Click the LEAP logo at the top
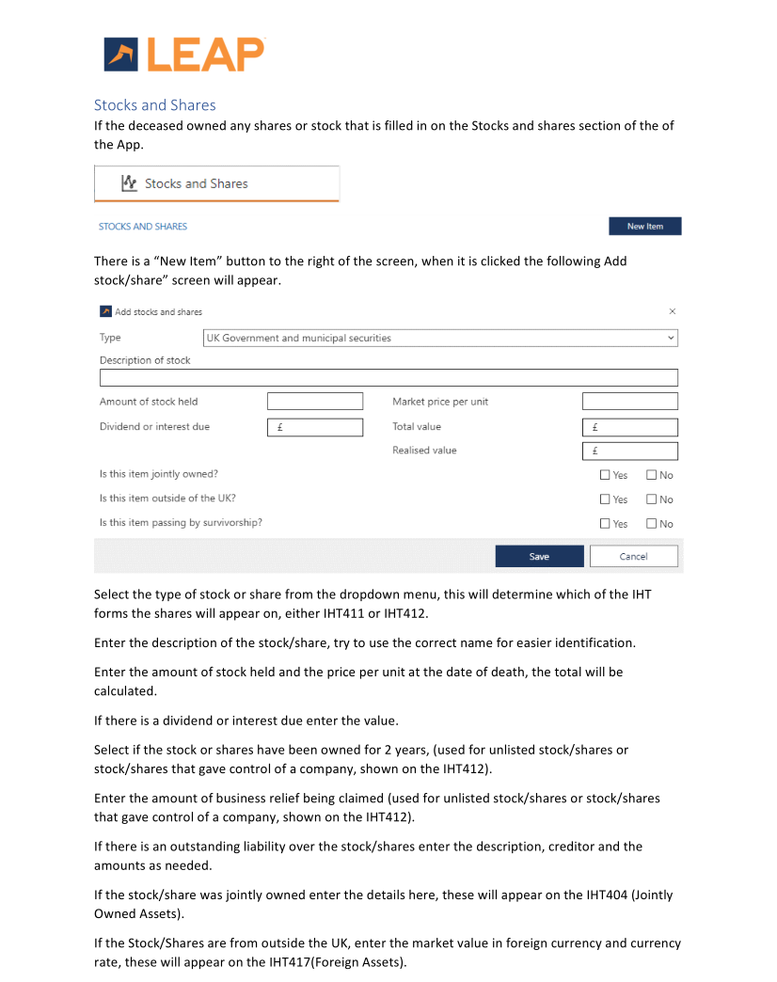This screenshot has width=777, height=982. [184, 55]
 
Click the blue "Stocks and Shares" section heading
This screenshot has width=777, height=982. [154, 105]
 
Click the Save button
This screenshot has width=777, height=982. [539, 557]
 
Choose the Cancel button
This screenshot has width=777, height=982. [633, 557]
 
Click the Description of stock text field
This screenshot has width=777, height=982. [388, 378]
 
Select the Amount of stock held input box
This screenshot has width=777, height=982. [314, 402]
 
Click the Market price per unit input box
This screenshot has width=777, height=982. [629, 402]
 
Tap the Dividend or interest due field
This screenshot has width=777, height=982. [314, 427]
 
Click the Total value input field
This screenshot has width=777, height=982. [629, 427]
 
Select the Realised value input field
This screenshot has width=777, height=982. [629, 451]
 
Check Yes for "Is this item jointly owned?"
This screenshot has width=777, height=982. [605, 476]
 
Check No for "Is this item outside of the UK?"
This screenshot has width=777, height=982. [651, 500]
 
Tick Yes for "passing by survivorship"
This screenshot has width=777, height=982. [605, 524]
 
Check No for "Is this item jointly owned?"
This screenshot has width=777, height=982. [651, 476]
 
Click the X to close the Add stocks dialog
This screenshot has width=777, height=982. [672, 311]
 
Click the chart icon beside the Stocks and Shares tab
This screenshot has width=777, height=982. [130, 183]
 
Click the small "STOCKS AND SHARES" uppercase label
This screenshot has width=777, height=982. [143, 227]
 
